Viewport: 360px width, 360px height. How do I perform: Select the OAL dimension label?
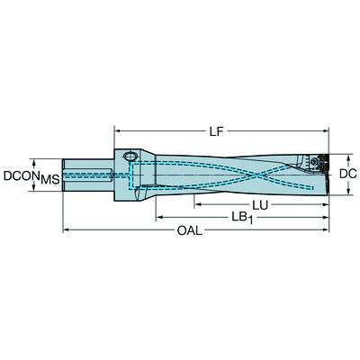tap(189, 231)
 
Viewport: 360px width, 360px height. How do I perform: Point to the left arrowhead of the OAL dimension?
tap(65, 232)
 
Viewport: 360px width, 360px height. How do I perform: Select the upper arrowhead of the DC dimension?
tap(329, 156)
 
